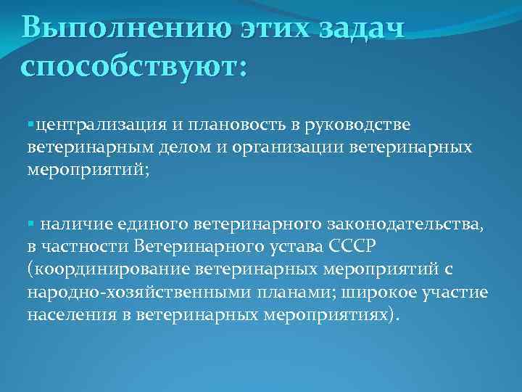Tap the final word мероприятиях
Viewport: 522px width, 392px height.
[337, 317]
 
